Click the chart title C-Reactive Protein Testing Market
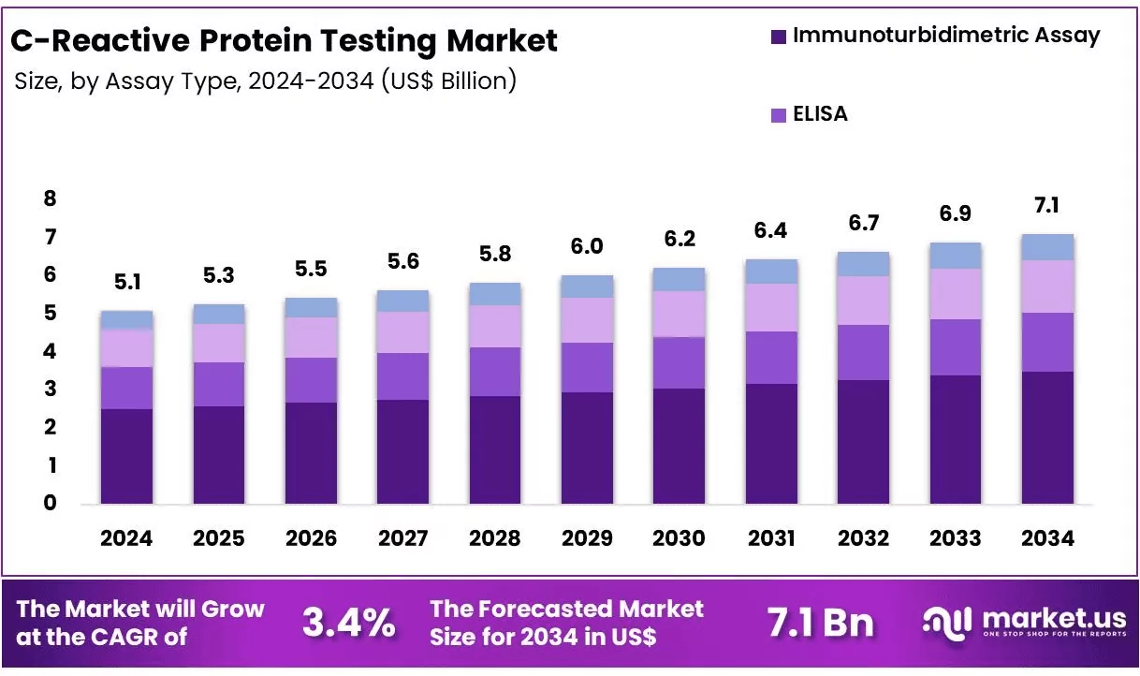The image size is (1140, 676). (284, 40)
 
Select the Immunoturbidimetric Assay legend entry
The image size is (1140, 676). (945, 36)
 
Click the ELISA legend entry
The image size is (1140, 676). (820, 114)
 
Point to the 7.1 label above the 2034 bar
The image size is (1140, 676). (1047, 206)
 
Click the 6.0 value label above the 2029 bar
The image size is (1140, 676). (587, 246)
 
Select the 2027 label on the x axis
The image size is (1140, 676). (402, 538)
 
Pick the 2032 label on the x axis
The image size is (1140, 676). (863, 538)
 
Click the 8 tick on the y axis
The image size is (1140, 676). (50, 198)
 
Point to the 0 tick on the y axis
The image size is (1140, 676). (50, 503)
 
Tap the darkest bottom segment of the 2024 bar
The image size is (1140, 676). (126, 456)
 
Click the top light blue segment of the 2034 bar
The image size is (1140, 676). (1047, 247)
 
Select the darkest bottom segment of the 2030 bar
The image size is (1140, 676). (679, 446)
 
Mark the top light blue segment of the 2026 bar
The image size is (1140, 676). (311, 307)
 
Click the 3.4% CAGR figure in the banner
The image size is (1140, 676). (348, 622)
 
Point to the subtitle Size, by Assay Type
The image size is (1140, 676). (265, 81)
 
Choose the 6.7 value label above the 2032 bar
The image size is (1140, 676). (863, 223)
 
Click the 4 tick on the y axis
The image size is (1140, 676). (50, 351)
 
